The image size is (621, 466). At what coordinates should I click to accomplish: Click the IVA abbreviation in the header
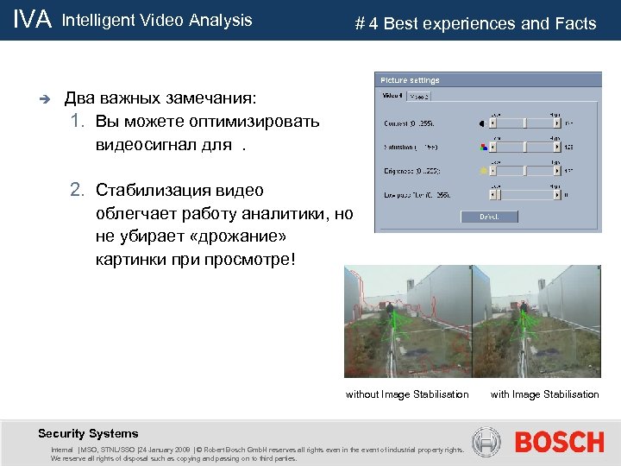coord(33,20)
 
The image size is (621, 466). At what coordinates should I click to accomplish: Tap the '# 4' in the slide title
coord(366,23)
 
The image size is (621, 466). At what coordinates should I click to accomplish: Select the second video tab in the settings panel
coord(420,96)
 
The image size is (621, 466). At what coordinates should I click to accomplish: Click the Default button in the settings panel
coord(488,216)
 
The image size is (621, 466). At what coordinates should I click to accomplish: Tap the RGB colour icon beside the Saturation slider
coord(483,148)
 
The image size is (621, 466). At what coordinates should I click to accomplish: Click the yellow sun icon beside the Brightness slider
coord(483,172)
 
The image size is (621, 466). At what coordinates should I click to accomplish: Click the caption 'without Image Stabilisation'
coord(407,394)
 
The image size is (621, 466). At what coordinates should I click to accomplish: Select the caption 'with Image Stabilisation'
coord(544,394)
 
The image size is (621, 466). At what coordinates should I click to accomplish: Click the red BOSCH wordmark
coord(559,443)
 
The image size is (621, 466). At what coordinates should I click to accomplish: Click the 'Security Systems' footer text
coord(88,433)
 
